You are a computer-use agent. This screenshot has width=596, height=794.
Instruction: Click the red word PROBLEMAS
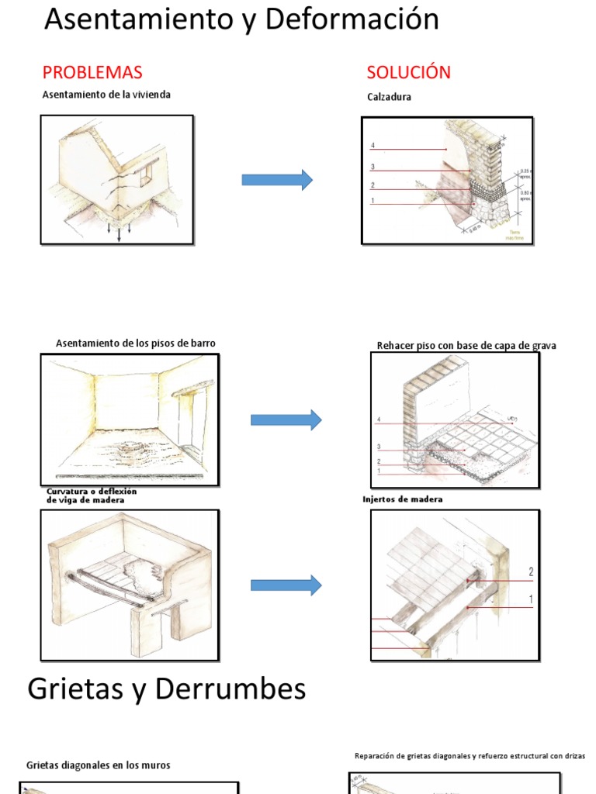pos(92,73)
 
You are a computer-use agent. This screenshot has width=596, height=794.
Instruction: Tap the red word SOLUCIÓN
pos(408,73)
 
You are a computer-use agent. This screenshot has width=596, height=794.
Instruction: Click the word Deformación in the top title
pos(352,19)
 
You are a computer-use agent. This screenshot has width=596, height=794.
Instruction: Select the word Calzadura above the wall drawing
pos(389,98)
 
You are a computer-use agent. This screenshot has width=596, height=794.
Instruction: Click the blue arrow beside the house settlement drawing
pos(277,180)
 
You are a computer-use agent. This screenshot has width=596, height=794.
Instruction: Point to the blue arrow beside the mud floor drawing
pos(286,419)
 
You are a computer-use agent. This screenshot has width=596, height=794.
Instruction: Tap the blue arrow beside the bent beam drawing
pos(286,585)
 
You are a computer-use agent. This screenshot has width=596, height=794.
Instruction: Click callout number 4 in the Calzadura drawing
pos(372,146)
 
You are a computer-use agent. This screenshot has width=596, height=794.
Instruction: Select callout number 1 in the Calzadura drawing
pos(372,201)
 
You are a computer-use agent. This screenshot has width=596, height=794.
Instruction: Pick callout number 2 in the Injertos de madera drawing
pos(531,572)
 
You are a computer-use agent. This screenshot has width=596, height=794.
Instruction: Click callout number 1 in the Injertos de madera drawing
pos(531,599)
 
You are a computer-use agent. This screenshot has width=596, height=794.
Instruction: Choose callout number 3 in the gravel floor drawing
pos(379,447)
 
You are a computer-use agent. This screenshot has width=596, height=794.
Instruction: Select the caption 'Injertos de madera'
pos(402,499)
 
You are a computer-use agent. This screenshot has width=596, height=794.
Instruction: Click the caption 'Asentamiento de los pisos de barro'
pos(136,343)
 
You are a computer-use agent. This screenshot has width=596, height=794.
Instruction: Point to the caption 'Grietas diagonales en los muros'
pos(98,765)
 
